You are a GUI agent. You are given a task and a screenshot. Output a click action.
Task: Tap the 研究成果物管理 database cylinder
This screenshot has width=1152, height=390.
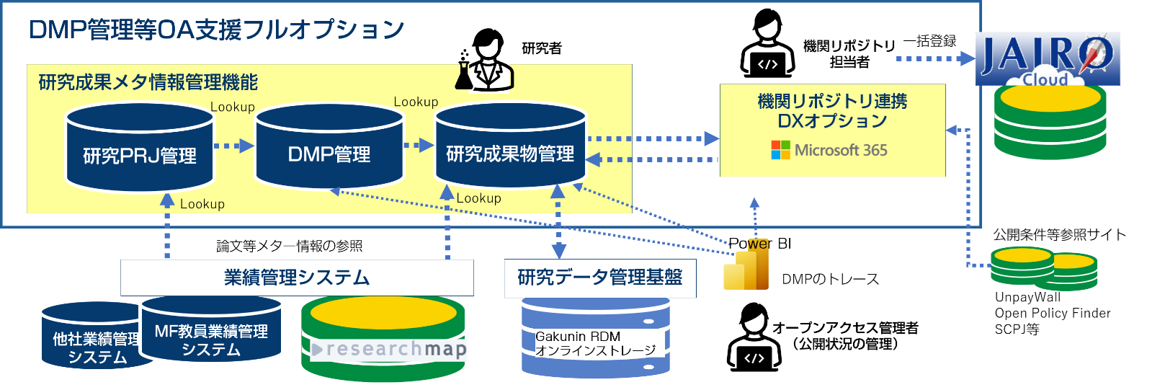coord(510,147)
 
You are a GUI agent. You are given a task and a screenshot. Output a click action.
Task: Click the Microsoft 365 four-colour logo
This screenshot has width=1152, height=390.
coord(780,150)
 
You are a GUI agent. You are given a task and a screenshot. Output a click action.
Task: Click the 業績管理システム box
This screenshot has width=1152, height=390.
coord(297,278)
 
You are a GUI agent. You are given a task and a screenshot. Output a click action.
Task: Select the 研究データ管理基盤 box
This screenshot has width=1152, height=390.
coord(600,278)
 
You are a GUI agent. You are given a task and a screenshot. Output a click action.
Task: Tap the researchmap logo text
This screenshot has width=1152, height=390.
coord(390,350)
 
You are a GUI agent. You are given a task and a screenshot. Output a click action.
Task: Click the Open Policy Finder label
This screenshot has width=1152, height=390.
coord(1053,313)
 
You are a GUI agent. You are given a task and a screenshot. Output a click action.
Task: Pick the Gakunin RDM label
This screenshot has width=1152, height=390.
coord(578,337)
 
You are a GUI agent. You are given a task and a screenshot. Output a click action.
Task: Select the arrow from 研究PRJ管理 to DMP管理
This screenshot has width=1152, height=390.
coord(234,146)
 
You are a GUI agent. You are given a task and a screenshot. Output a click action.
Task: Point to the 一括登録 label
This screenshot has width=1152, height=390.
coord(929,41)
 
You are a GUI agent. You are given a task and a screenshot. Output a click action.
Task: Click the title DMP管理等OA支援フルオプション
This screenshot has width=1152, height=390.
coord(216,30)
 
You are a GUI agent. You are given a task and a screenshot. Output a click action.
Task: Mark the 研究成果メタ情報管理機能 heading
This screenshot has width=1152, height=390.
coord(148,82)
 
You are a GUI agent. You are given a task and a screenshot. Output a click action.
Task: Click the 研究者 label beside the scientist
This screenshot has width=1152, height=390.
coord(542,48)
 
